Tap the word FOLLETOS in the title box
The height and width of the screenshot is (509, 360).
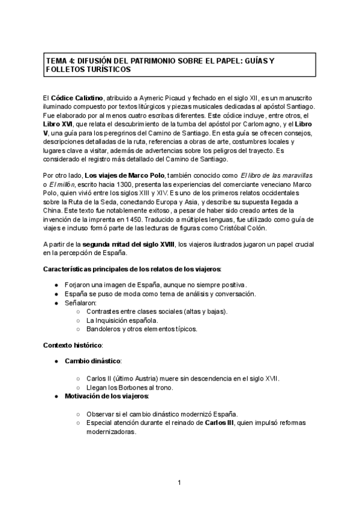(x=66, y=70)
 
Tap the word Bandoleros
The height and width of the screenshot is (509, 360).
(x=103, y=329)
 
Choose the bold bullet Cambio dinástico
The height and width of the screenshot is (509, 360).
(x=95, y=361)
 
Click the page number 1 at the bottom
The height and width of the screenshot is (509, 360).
(x=179, y=483)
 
